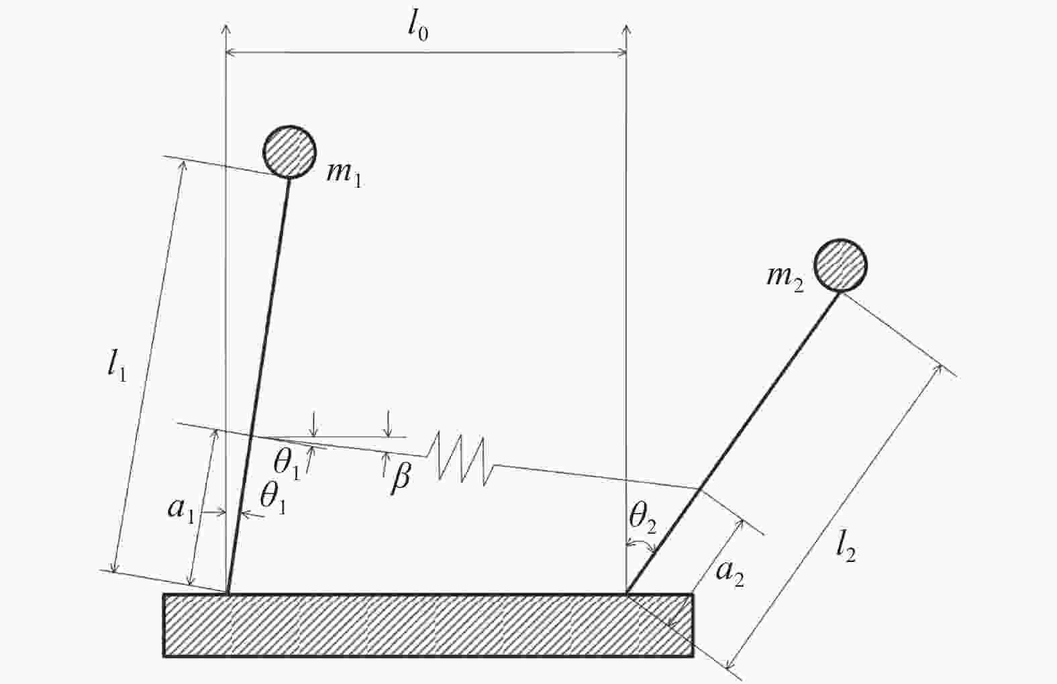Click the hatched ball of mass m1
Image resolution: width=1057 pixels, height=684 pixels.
pyautogui.click(x=289, y=152)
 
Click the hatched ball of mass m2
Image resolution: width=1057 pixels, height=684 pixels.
pyautogui.click(x=840, y=266)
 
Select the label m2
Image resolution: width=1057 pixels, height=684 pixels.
pyautogui.click(x=785, y=279)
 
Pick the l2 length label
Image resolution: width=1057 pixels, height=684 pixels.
pyautogui.click(x=846, y=549)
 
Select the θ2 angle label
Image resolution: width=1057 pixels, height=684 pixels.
pyautogui.click(x=643, y=521)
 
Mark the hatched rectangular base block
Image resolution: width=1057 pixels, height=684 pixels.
pyautogui.click(x=428, y=625)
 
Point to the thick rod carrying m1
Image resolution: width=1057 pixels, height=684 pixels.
pyautogui.click(x=258, y=386)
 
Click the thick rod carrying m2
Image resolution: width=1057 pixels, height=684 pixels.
pyautogui.click(x=733, y=443)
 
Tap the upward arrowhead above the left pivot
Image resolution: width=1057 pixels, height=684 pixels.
pyautogui.click(x=226, y=30)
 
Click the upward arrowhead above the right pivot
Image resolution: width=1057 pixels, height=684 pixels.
pyautogui.click(x=626, y=30)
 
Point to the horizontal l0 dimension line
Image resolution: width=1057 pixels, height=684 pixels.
pyautogui.click(x=426, y=53)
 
